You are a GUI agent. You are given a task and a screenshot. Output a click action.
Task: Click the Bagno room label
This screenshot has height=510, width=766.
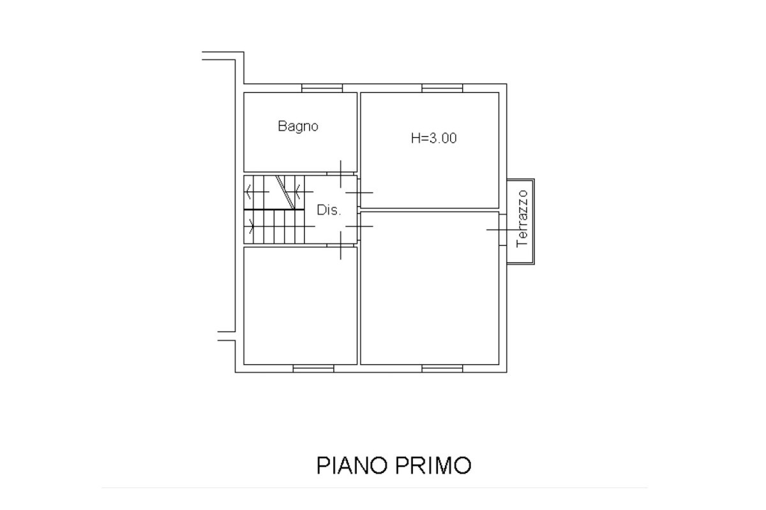pyautogui.click(x=297, y=126)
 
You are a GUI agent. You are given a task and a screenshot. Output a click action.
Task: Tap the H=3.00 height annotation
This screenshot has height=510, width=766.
pyautogui.click(x=433, y=138)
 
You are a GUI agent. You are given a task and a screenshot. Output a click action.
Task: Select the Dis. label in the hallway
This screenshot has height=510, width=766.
pyautogui.click(x=329, y=210)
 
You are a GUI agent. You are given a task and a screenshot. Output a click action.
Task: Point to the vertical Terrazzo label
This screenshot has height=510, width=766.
pyautogui.click(x=523, y=218)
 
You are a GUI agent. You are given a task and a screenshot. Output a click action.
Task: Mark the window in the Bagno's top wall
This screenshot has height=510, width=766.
pyautogui.click(x=319, y=89)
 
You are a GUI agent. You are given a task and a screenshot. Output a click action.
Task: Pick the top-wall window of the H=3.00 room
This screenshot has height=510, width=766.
pyautogui.click(x=442, y=89)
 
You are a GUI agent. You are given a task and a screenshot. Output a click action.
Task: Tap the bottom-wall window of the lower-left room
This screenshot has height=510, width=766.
pyautogui.click(x=313, y=368)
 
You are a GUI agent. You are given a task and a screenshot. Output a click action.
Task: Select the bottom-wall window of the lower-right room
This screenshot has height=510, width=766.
pyautogui.click(x=442, y=368)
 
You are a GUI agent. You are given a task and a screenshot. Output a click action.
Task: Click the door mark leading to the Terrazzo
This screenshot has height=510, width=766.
pyautogui.click(x=499, y=229)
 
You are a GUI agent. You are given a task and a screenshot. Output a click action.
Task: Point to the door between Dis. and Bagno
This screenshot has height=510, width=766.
pyautogui.click(x=341, y=173)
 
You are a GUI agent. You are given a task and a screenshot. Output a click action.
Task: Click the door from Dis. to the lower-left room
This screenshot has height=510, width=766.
pyautogui.click(x=341, y=245)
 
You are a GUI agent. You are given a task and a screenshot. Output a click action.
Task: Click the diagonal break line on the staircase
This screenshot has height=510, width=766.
pyautogui.click(x=285, y=192)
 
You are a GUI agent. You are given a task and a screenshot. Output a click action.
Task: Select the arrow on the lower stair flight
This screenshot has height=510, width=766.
pyautogui.click(x=250, y=226)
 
